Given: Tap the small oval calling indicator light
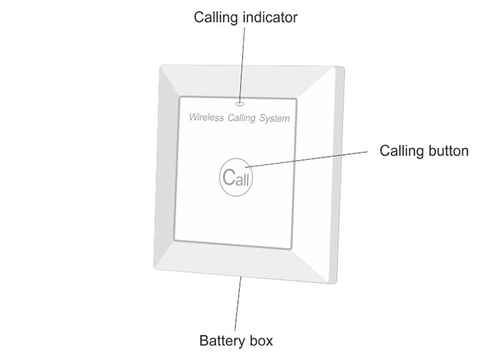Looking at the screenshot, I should coord(240,104).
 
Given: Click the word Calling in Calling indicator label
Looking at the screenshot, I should coord(217,17).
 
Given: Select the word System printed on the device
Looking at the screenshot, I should coord(274,119).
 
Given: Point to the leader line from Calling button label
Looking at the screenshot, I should coord(307,157).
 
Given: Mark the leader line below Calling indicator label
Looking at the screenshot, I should coord(243,61).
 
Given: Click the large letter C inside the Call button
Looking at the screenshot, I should coord(228,177).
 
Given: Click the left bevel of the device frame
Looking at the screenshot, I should coord(165,170).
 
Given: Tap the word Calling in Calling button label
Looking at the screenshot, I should coord(402,151).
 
